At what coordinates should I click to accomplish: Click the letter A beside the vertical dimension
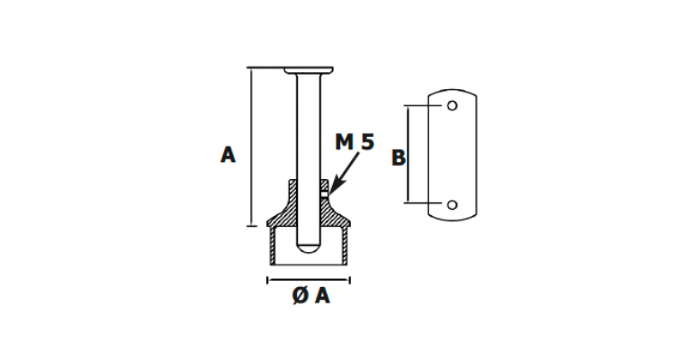coord(228,155)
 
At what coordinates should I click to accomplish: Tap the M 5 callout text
coord(354,142)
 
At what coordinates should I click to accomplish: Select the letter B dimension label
coord(399,157)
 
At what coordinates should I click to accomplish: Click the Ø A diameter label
coord(310,295)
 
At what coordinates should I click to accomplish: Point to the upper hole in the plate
coord(453,105)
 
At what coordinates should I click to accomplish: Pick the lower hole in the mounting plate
coord(453,204)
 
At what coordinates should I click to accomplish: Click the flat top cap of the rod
coord(309,70)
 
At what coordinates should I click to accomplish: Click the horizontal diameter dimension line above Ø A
coord(309,280)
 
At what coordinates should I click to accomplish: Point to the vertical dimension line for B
coord(408,154)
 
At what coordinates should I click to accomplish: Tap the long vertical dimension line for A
coord(252,147)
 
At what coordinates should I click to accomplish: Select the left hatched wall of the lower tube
coord(273,246)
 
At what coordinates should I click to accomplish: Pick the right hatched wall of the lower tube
coord(345,246)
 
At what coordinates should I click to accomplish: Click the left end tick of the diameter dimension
coord(267,280)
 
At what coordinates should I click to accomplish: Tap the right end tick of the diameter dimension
coord(350,280)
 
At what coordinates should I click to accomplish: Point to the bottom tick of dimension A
coord(252,226)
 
